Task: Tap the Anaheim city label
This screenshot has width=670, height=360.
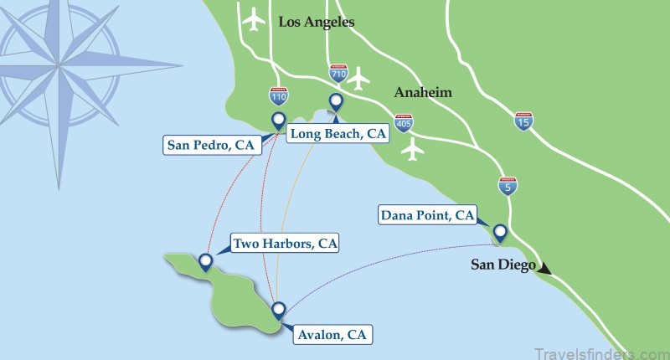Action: pos(424,92)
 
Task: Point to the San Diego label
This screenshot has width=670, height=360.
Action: pos(502,265)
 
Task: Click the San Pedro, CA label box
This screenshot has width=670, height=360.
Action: pos(210,146)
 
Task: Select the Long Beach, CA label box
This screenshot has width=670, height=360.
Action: pos(337,133)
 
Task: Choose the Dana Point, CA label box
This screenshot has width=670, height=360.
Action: pos(427,216)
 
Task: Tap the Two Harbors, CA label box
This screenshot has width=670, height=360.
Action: pos(286,244)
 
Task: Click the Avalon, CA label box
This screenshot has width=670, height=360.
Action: pos(332,335)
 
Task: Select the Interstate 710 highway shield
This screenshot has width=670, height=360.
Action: pos(339,74)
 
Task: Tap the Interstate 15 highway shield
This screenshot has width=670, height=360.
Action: pos(523,122)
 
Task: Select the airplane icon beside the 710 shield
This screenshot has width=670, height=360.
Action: pos(359,79)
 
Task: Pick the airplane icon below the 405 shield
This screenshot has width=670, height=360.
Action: pos(411,150)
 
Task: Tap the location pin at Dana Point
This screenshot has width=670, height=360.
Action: pos(500,232)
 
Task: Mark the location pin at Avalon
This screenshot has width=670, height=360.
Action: pos(279,310)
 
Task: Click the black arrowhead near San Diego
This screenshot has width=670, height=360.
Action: pos(545,269)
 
